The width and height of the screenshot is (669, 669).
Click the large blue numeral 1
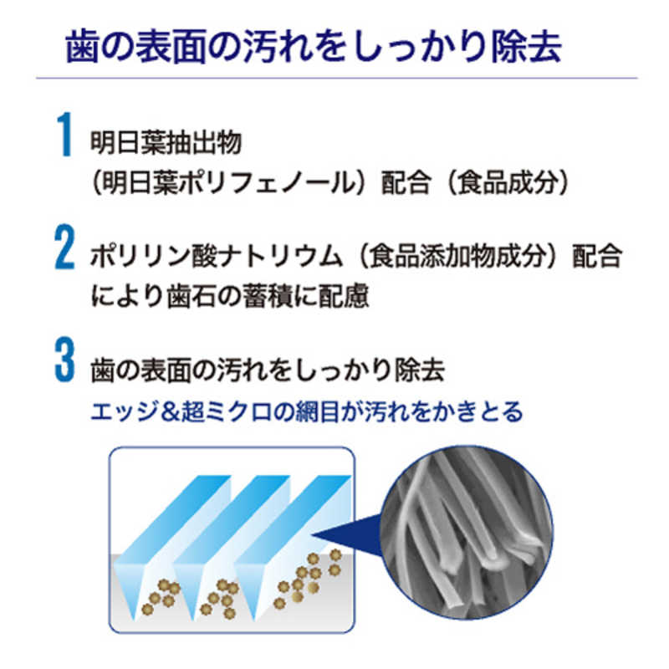coord(65,134)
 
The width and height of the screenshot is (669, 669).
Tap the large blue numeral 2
coord(65,247)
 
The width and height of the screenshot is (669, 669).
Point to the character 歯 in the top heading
coord(82,47)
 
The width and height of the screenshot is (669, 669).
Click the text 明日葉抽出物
coord(166,142)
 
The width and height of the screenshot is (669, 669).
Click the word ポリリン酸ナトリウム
coord(217,256)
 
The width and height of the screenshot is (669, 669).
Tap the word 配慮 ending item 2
coord(344,296)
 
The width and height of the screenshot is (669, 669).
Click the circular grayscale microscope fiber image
coord(467,533)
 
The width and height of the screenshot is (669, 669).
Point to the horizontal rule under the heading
coord(337,78)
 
